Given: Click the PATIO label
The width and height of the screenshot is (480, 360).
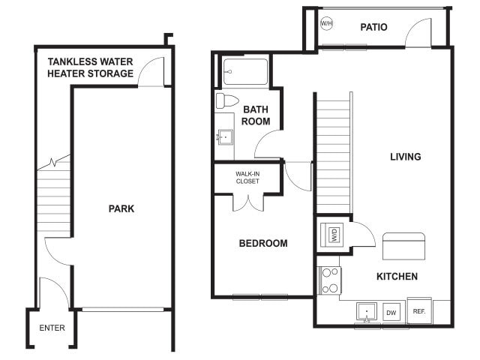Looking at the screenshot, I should pos(373,28).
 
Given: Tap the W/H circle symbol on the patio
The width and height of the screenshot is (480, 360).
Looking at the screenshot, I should pos(327,24).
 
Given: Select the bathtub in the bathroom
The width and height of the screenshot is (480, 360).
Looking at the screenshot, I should pos(245,72).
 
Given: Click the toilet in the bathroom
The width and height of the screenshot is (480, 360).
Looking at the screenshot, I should pos(226,100).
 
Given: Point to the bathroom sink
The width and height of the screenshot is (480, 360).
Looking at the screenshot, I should pos(224,137).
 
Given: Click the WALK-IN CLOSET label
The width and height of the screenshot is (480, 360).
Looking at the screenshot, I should pos(247,178).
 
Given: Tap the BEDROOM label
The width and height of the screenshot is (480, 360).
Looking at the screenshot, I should pos(263,244).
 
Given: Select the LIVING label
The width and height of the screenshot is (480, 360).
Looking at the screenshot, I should pos(405,157).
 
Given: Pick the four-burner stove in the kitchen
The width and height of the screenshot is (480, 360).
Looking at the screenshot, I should pos(330,280).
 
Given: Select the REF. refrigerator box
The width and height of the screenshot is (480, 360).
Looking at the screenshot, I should pos(418,311).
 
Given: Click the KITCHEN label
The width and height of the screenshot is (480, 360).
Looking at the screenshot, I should pos(397,277).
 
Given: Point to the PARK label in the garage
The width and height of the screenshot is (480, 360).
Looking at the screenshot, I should pos(121,208).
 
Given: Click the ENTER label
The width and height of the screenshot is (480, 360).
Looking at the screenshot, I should pos(52,328).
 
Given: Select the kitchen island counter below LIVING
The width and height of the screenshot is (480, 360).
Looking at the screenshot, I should pos(403,246).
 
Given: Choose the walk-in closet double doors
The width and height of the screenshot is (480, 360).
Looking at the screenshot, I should pos(248,202).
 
